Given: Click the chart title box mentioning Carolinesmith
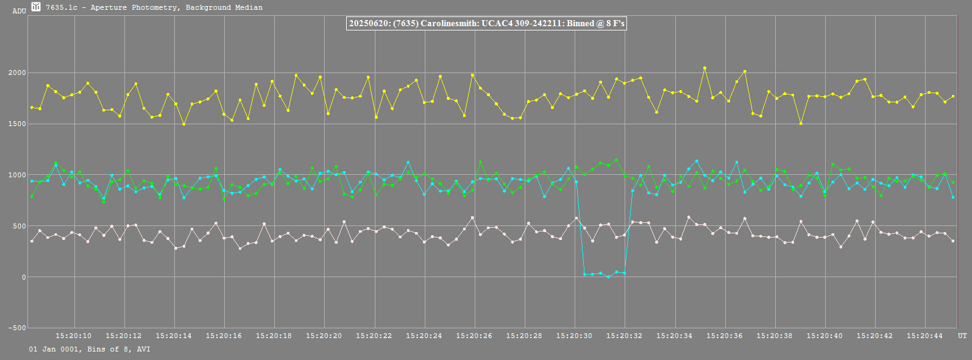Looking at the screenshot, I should click(x=486, y=24).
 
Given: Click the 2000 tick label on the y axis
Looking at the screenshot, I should click(x=17, y=73).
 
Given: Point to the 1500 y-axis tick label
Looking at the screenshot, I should click(x=17, y=124).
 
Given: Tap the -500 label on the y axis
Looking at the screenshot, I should click(x=17, y=328).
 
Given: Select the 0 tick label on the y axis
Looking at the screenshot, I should click(x=24, y=277).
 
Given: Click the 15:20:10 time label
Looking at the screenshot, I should click(x=74, y=336).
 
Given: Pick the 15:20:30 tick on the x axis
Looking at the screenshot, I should click(x=574, y=336).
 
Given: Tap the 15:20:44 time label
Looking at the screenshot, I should click(x=924, y=336).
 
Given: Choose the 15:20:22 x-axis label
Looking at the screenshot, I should click(x=374, y=336).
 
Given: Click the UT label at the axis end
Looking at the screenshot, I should click(x=962, y=336).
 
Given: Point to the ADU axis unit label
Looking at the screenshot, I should click(x=19, y=11).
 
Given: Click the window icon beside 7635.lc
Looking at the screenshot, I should click(x=36, y=7).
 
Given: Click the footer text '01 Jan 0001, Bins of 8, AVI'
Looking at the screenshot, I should click(x=90, y=350).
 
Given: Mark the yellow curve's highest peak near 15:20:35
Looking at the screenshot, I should click(x=704, y=68).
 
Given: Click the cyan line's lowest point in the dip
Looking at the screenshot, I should click(x=608, y=277).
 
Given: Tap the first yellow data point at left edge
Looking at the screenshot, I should click(x=32, y=108).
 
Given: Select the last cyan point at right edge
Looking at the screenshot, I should click(x=953, y=197).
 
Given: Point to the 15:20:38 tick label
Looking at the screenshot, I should click(x=775, y=336).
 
